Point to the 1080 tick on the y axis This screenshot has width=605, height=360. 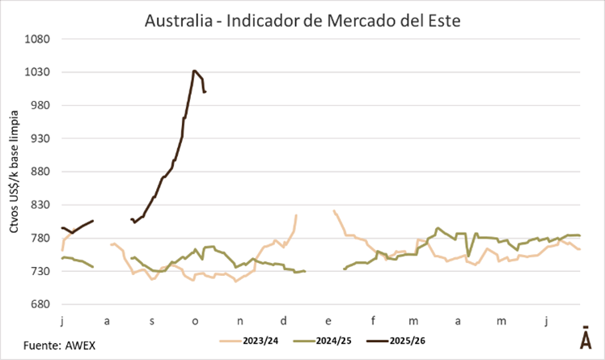point(38,39)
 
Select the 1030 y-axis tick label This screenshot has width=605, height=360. point(38,72)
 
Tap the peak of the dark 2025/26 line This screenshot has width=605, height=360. point(194,70)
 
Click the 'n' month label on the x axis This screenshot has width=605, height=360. point(239,321)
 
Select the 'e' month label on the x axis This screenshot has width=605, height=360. point(328,321)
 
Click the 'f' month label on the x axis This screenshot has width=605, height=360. point(372,321)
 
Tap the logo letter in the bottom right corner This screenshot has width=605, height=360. point(584,337)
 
